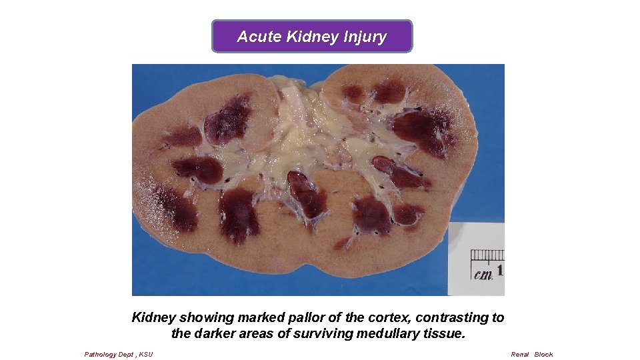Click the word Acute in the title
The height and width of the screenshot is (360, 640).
point(259,37)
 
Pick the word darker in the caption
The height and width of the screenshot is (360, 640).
point(217,333)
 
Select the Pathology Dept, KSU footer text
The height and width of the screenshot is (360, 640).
point(118,354)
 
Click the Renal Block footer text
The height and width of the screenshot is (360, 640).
point(531,354)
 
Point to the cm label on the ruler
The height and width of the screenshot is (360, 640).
point(483,273)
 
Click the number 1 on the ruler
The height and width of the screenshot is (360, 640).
point(499,271)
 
